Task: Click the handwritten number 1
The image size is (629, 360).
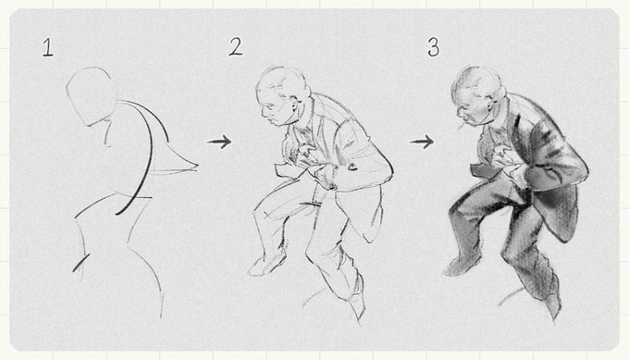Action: (x=48, y=47)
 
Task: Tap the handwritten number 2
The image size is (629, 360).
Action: (x=236, y=46)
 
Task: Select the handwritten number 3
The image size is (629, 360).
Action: (x=434, y=47)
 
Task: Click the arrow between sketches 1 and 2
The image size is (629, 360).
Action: (x=219, y=142)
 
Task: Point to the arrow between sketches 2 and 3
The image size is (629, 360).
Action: (x=422, y=142)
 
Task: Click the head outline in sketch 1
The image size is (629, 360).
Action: (x=92, y=96)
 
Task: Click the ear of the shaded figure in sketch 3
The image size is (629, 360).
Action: (x=490, y=106)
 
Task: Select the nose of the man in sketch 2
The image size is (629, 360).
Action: (x=263, y=112)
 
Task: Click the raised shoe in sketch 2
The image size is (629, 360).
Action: (x=265, y=265)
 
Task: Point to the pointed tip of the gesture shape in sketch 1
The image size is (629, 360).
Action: (x=197, y=165)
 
